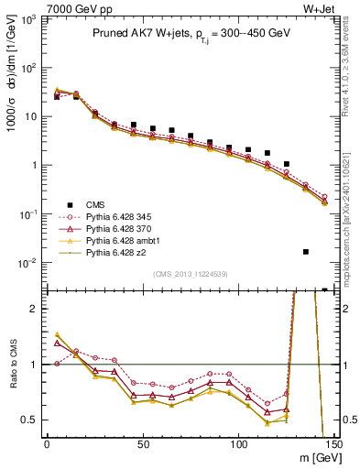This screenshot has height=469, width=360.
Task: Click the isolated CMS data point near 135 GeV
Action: (306, 251)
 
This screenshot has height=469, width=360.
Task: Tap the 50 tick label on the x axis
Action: (142, 444)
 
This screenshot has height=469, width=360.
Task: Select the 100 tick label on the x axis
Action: (238, 444)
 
